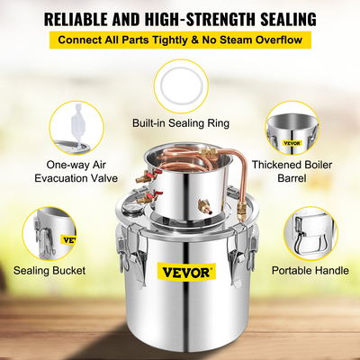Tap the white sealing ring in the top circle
pyautogui.click(x=180, y=85)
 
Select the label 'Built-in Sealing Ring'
pyautogui.click(x=180, y=121)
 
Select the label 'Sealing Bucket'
pyautogui.click(x=50, y=269)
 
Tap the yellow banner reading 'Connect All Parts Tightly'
pyautogui.click(x=180, y=40)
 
